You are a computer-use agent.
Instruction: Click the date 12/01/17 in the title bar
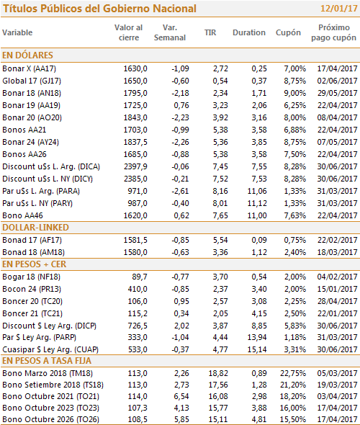(x=339, y=9)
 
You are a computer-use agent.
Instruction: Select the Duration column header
(x=249, y=32)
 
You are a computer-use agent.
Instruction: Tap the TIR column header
(x=210, y=32)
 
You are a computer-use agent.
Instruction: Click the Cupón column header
(x=288, y=33)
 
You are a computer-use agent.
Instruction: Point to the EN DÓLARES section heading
(x=27, y=55)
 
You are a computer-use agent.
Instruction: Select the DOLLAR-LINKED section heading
(x=35, y=228)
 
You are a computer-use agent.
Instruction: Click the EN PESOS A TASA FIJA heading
(x=47, y=361)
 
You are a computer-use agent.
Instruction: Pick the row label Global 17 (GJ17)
(x=32, y=81)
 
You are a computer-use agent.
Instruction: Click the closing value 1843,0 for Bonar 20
(x=135, y=117)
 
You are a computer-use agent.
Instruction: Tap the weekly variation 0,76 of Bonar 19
(x=181, y=105)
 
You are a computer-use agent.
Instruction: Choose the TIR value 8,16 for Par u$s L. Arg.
(x=220, y=191)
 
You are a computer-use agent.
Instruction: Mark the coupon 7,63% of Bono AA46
(x=294, y=215)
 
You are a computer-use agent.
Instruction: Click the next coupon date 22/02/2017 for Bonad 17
(x=337, y=240)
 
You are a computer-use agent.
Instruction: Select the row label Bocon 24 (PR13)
(x=32, y=289)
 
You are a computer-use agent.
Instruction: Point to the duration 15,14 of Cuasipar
(x=257, y=349)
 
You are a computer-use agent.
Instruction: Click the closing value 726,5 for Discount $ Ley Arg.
(x=138, y=326)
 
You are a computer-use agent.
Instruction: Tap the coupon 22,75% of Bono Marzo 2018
(x=293, y=373)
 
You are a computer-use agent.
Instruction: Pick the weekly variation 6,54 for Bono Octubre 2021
(x=181, y=396)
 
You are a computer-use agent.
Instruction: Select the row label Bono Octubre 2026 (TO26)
(x=51, y=419)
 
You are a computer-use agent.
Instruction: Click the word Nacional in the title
(x=174, y=9)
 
